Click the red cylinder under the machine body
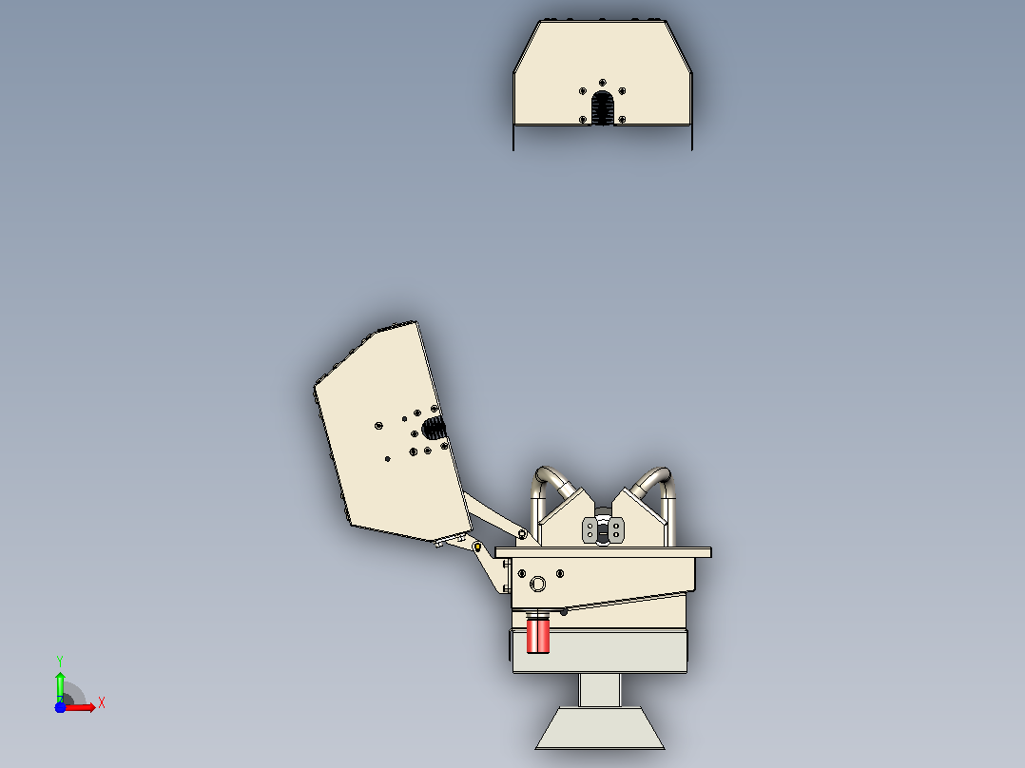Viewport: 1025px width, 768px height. [538, 635]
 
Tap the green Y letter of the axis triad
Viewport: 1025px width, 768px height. [60, 661]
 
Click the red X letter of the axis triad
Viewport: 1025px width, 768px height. [102, 703]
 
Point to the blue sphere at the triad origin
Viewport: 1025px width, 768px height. [60, 707]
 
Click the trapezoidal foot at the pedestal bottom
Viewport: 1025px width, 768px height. [600, 727]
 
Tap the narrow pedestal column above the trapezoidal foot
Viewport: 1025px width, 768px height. [599, 689]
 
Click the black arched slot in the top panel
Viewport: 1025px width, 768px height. [603, 108]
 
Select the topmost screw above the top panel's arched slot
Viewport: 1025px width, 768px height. [602, 83]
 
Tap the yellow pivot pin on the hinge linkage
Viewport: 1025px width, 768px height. [478, 547]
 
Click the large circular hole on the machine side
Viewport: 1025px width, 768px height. [537, 584]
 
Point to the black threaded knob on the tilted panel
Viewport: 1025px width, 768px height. [434, 429]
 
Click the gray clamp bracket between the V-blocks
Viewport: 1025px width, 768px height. [603, 530]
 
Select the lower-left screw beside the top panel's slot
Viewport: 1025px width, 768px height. [583, 120]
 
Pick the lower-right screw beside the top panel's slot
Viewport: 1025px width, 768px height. [622, 120]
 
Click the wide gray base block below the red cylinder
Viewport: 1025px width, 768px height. [599, 650]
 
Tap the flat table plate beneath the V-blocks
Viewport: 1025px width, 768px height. [604, 553]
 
